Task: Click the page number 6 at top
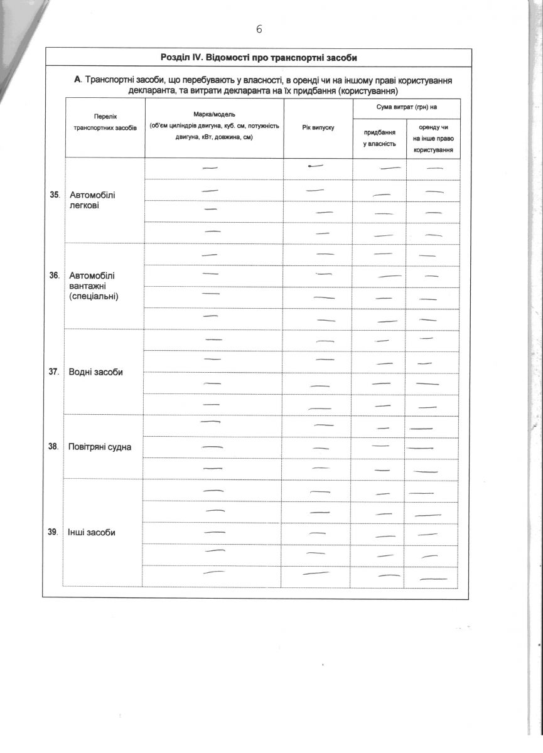tap(259, 29)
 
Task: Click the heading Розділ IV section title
tap(259, 58)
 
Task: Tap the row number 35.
tap(55, 195)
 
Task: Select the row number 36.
tap(55, 275)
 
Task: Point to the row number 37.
tap(55, 372)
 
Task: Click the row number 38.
tap(55, 447)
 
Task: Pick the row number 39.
tap(55, 533)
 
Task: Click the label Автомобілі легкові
tap(92, 200)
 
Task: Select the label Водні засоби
tap(95, 372)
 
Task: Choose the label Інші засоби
tap(92, 533)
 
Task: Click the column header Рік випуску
tap(318, 127)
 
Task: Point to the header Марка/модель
tap(214, 115)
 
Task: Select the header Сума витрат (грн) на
tap(406, 107)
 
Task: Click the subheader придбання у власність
tap(379, 139)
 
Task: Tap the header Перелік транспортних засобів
tap(105, 122)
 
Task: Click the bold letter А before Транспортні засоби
tap(77, 80)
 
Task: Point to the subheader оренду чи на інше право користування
tap(433, 139)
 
